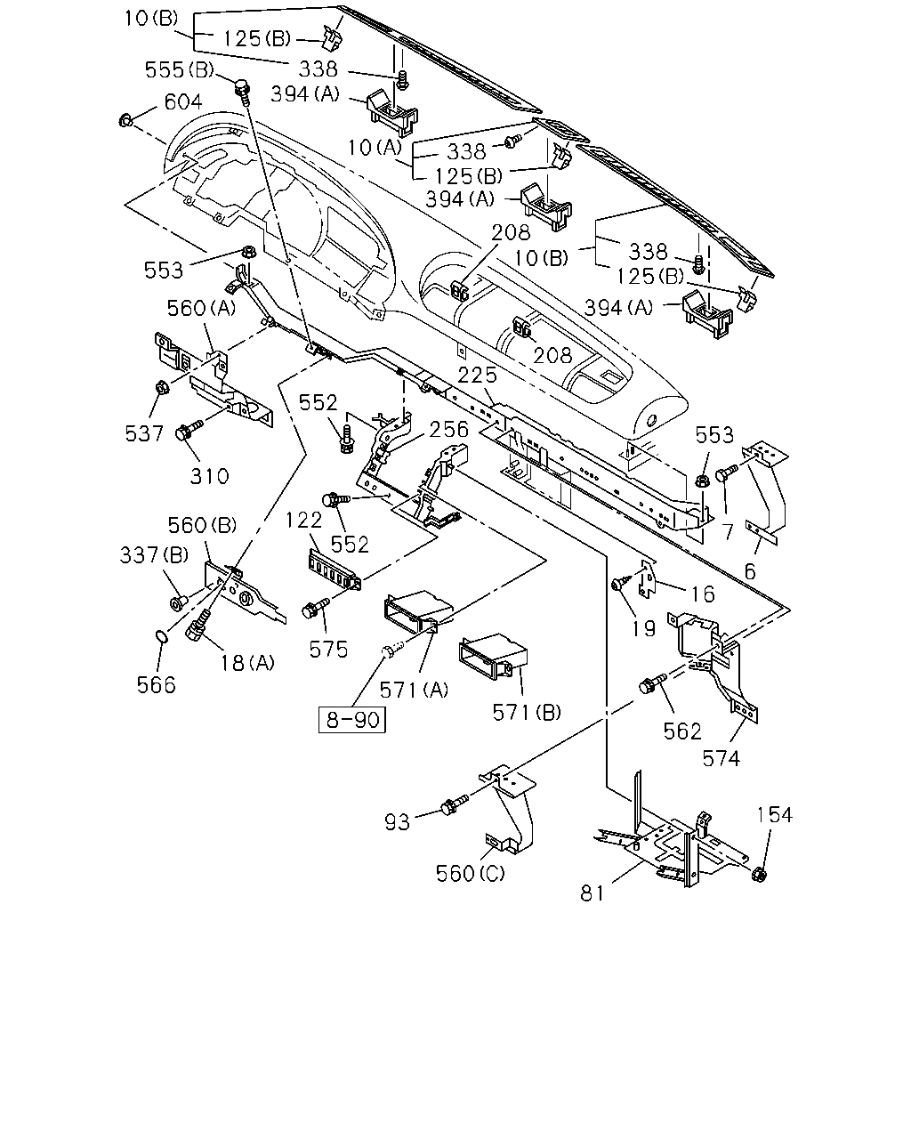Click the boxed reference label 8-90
(351, 720)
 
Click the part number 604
(183, 101)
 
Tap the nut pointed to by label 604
(126, 120)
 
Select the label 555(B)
(180, 70)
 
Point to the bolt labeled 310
(189, 430)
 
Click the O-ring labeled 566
(162, 635)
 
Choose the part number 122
(304, 520)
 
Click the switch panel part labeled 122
(335, 569)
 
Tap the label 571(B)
(527, 713)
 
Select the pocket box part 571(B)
(494, 657)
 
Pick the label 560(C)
(470, 873)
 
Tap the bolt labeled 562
(653, 683)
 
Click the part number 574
(721, 759)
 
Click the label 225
(478, 376)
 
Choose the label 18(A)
(247, 663)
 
